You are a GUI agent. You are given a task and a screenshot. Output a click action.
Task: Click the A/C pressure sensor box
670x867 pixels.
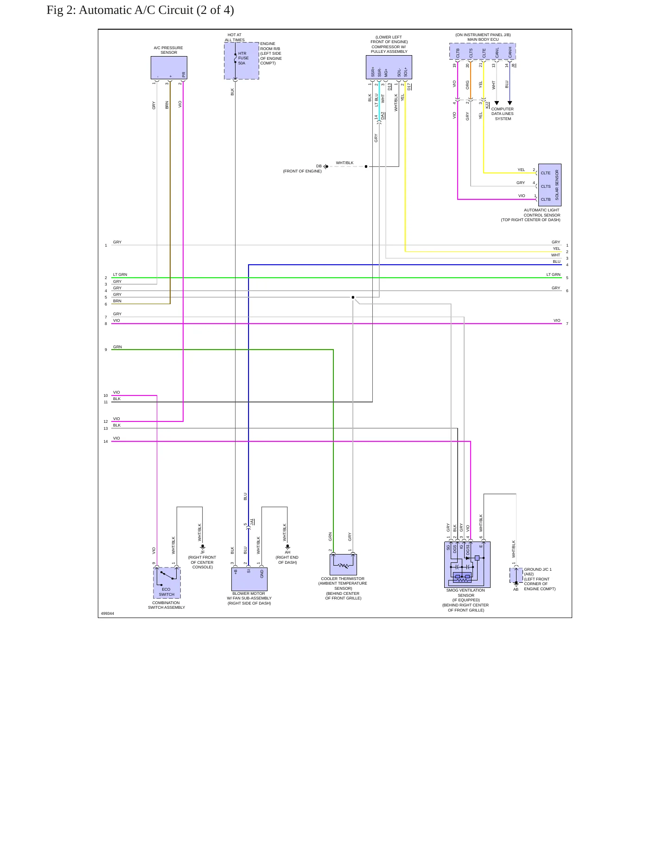tap(169, 68)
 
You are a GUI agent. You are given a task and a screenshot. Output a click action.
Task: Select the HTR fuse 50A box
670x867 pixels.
tap(242, 61)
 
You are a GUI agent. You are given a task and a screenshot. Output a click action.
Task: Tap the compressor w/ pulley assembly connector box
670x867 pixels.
tap(389, 67)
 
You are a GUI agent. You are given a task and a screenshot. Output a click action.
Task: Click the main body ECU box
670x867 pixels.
tap(482, 51)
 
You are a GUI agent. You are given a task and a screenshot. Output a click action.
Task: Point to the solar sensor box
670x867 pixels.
tap(549, 185)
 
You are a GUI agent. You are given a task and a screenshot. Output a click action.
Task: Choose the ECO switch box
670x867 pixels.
tap(167, 583)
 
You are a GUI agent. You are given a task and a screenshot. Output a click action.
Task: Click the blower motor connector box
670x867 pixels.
tap(249, 579)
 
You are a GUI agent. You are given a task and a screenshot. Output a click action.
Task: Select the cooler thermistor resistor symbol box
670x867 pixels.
tap(343, 565)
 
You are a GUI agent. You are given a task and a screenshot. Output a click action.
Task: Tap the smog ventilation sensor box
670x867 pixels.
tap(467, 565)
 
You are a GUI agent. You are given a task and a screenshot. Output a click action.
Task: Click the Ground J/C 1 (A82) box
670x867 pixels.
tap(516, 575)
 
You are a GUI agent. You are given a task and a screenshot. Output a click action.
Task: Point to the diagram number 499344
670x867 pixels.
tap(108, 613)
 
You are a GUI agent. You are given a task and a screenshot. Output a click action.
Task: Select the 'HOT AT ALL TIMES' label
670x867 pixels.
tap(235, 37)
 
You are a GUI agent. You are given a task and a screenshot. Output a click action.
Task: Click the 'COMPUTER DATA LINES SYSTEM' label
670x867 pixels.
tap(503, 114)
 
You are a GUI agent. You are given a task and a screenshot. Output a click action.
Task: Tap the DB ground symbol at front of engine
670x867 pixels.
tap(326, 166)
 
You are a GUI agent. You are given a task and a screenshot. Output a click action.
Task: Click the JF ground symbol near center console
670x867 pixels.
tap(202, 548)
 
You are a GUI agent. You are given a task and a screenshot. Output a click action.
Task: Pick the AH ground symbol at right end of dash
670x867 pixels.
tap(287, 547)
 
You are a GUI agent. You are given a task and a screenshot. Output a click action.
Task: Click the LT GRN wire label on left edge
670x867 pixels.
tap(120, 274)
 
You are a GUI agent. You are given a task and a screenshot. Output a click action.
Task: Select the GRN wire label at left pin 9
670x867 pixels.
tap(117, 347)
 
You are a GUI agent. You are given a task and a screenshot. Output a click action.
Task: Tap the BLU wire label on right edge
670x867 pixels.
tap(556, 261)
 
